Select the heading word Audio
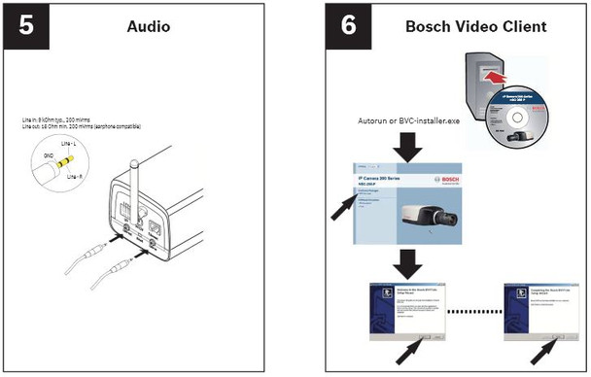click(148, 26)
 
